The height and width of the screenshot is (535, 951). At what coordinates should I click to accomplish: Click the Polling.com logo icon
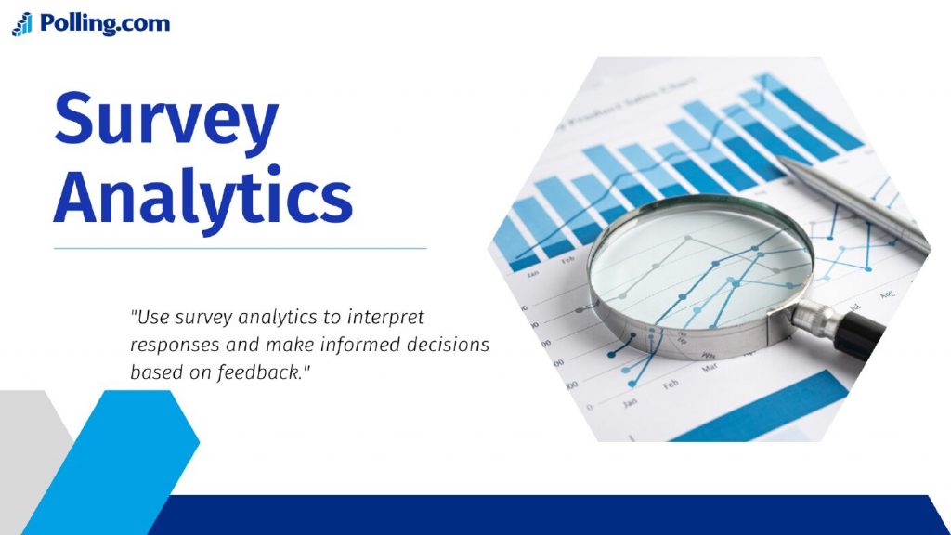pos(22,24)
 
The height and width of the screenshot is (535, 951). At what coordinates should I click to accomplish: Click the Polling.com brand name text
pos(105,23)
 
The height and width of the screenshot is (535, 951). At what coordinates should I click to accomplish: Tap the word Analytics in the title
pos(202,197)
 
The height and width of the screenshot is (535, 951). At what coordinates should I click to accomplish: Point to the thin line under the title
pos(240,248)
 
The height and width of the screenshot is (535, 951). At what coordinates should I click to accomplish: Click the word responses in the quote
pos(171,345)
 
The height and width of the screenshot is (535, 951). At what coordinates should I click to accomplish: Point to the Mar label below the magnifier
pos(709,367)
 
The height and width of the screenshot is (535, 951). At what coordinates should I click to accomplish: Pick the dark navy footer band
pos(557,515)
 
